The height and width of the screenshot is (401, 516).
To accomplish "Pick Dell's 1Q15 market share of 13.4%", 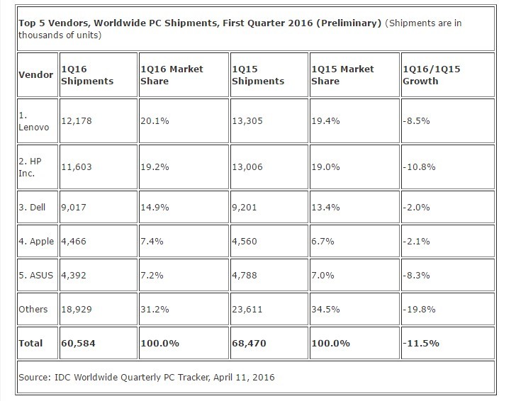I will [x=325, y=208].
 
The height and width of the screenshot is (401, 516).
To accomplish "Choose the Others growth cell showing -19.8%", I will [x=420, y=310].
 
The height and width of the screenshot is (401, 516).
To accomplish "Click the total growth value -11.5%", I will [x=421, y=344].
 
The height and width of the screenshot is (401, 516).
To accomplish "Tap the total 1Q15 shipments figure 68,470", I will [x=250, y=344].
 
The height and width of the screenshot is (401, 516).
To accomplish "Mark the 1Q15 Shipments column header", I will [x=258, y=75].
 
